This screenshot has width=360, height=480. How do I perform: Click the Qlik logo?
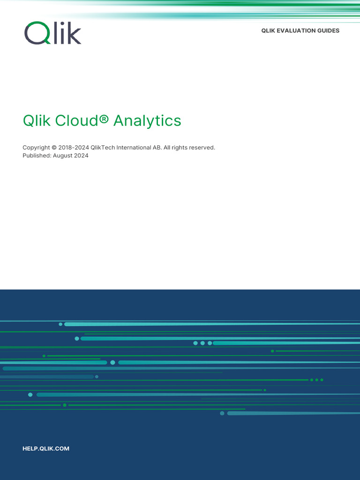tap(52, 33)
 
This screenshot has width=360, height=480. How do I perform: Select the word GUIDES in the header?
tap(328, 30)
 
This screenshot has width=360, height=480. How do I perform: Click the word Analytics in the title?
tap(147, 120)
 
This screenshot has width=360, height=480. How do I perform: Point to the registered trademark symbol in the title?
tap(104, 120)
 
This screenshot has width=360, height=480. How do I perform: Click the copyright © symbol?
tap(54, 148)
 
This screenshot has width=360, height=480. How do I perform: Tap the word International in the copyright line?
tap(134, 148)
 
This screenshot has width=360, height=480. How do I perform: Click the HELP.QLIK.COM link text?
tap(46, 449)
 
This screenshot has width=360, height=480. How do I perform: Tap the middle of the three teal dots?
tap(202, 343)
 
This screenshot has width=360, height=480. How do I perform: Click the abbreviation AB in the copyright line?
tap(157, 148)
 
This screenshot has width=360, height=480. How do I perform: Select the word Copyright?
tap(36, 148)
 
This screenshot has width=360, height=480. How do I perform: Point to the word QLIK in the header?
tap(269, 30)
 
